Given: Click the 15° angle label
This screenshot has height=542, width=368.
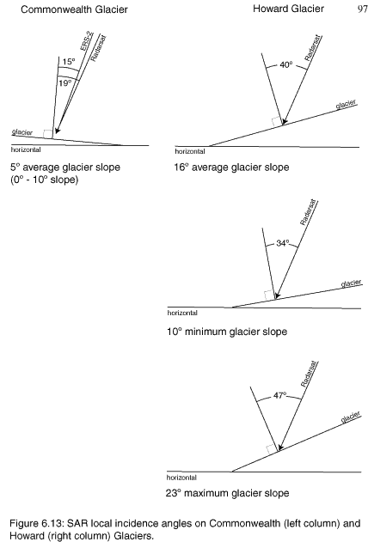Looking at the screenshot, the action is (x=69, y=62).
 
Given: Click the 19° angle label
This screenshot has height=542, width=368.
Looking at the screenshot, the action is (x=64, y=83).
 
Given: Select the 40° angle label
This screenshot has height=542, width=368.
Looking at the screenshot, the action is (x=286, y=64).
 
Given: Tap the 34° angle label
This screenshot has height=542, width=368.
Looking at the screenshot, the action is (x=283, y=243).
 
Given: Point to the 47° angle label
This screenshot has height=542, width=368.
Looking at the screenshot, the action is (x=279, y=395).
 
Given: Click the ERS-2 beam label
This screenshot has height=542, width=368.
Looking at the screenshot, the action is (x=87, y=40).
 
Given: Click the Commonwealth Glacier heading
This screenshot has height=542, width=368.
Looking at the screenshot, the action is (x=74, y=9).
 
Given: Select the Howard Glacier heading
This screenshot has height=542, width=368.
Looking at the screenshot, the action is (x=288, y=9).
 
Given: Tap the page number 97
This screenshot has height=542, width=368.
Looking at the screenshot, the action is (x=363, y=9).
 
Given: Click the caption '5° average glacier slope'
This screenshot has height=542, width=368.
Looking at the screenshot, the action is (x=65, y=167).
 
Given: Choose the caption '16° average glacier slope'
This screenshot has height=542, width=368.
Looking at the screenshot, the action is (x=231, y=167).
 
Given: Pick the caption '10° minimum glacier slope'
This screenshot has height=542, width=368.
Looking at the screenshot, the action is (x=227, y=332).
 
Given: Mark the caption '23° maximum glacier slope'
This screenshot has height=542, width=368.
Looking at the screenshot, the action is (x=227, y=493).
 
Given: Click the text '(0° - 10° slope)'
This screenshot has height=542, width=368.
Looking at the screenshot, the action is (x=44, y=180).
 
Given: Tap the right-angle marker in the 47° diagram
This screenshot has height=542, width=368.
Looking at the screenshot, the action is (x=271, y=449).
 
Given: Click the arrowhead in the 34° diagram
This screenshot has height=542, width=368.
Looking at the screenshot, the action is (x=277, y=296).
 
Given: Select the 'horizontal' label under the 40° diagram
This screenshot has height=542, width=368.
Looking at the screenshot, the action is (x=190, y=151).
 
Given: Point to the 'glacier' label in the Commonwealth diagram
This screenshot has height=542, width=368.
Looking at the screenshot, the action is (x=22, y=132).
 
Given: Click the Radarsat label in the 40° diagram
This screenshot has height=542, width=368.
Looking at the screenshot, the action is (x=313, y=48).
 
